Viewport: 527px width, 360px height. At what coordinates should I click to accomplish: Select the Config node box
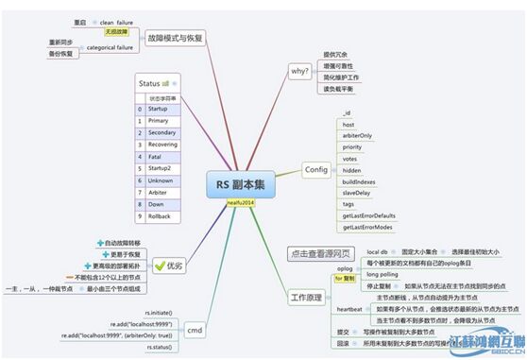315,169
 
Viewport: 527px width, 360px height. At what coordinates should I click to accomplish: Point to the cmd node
195,330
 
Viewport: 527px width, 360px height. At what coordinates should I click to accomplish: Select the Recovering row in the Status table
162,145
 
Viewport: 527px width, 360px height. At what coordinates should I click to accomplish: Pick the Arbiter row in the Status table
159,192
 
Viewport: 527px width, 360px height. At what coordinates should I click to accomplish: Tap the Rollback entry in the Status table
161,216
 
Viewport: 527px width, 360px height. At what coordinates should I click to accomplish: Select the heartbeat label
349,309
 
